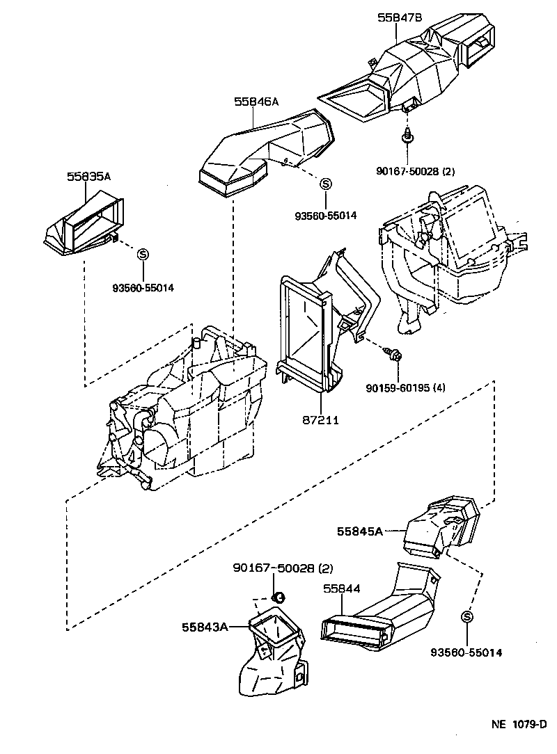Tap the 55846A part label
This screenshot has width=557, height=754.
(x=256, y=102)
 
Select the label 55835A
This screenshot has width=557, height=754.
(x=88, y=177)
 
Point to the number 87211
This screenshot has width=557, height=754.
(x=321, y=421)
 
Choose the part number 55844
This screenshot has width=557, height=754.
(x=341, y=588)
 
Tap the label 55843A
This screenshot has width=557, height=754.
(x=205, y=627)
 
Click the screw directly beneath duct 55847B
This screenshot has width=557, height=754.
(x=407, y=137)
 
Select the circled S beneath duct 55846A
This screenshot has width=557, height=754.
(x=325, y=184)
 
